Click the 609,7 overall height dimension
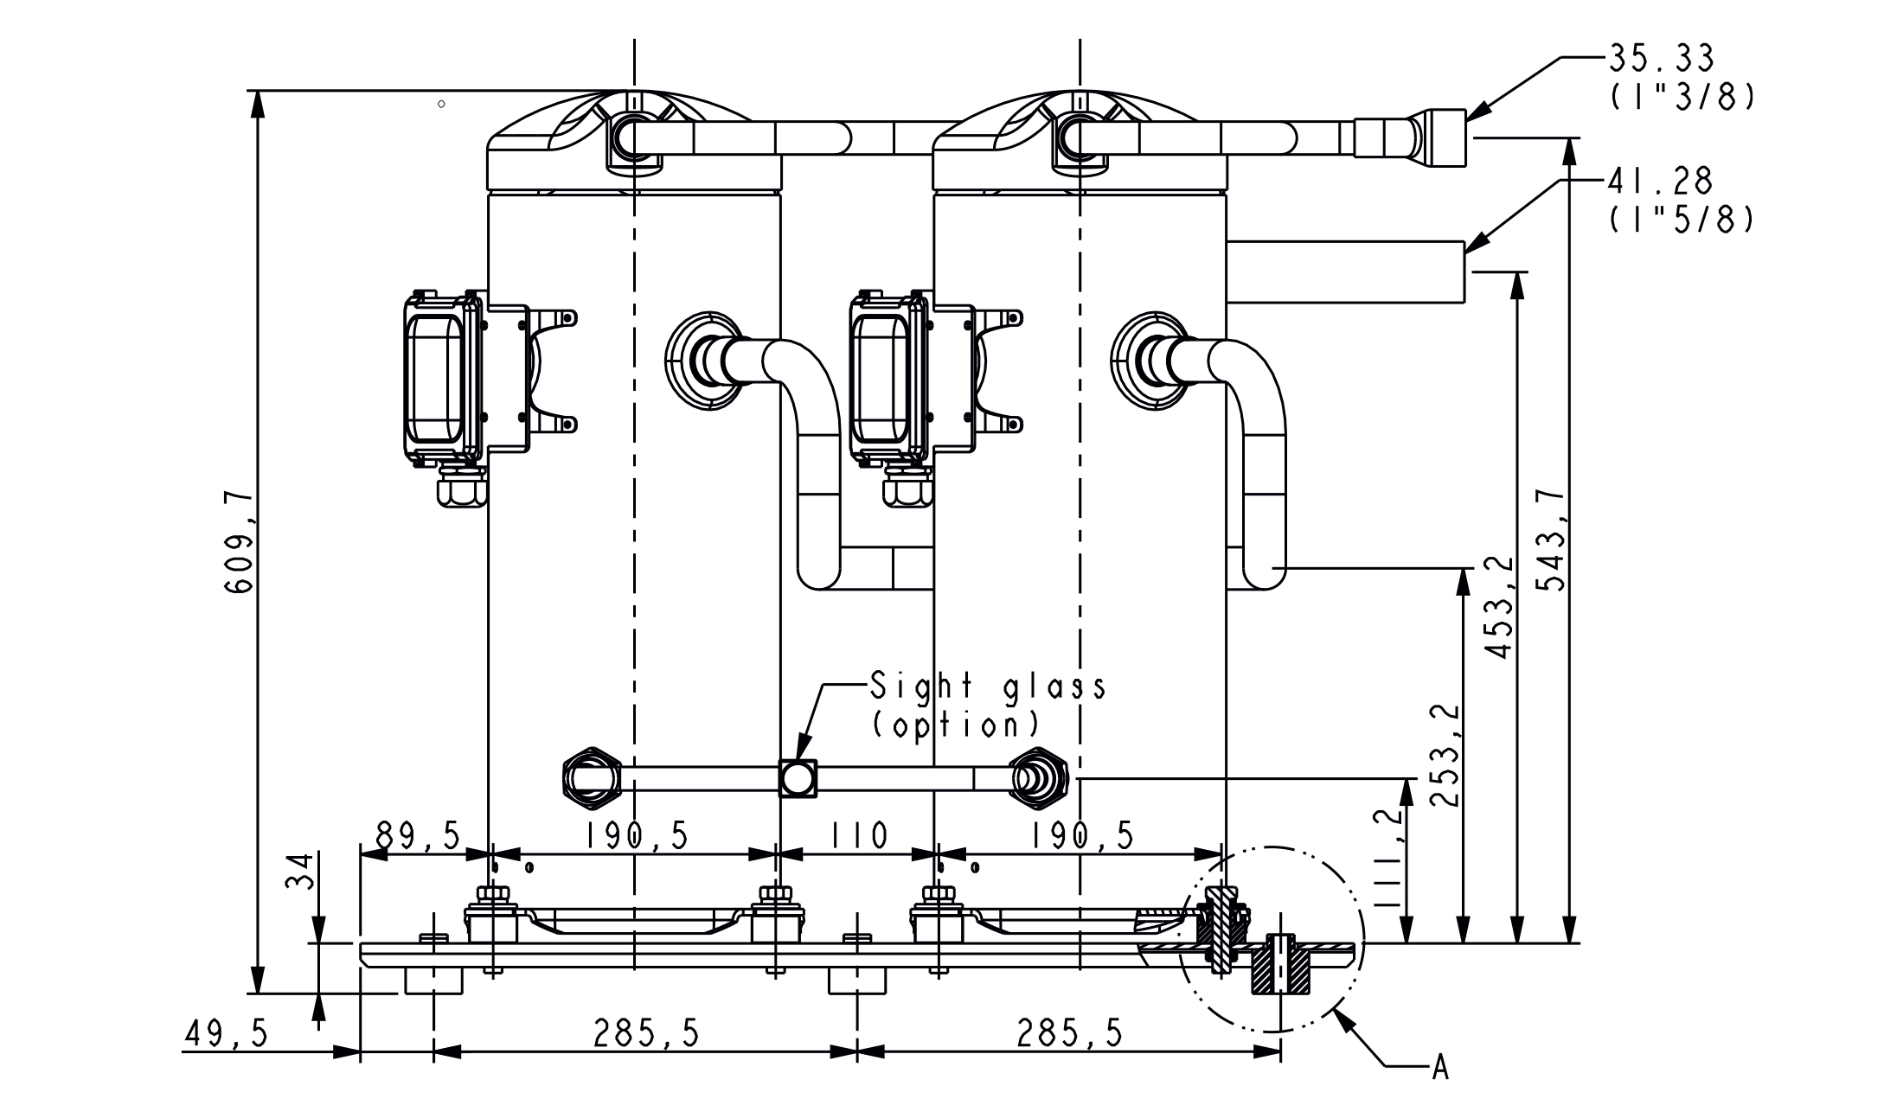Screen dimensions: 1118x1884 coord(239,542)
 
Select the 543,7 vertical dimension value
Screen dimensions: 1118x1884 coord(1554,540)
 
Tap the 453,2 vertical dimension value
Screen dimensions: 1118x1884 coord(1501,607)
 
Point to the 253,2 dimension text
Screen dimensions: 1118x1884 coord(1447,755)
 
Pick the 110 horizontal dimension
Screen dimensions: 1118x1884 coord(860,836)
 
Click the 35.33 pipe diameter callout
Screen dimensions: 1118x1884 coord(1661,59)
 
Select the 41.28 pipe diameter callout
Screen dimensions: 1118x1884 coord(1661,182)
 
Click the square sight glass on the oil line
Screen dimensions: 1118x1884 coord(798,779)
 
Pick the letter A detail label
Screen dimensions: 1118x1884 coord(1439,1069)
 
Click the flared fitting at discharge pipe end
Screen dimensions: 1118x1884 coord(1445,137)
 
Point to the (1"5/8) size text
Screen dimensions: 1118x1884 coord(1682,221)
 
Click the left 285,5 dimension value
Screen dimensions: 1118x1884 coord(646,1033)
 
